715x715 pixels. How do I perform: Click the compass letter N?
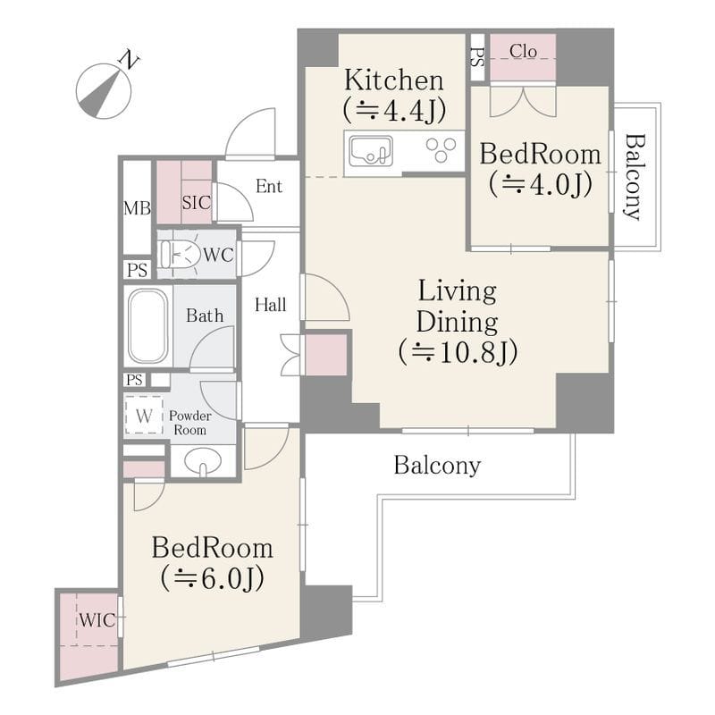(x=129, y=61)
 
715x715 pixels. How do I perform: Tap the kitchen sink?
(x=371, y=151)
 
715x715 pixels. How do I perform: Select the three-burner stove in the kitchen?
(x=441, y=150)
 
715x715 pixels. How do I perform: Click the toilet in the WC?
(x=181, y=255)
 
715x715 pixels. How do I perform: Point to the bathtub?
(x=147, y=326)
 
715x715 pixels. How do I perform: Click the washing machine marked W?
(x=144, y=416)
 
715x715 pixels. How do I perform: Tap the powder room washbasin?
(x=203, y=461)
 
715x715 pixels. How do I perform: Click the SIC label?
(x=197, y=203)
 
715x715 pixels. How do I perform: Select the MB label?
(x=138, y=209)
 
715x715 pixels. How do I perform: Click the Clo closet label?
(x=523, y=51)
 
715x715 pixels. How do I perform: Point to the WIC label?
(x=97, y=620)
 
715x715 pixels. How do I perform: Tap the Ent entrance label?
(x=269, y=186)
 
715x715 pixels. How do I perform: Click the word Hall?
(x=271, y=305)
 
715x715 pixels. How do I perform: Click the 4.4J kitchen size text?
(x=406, y=110)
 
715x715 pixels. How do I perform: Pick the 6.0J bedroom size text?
(x=223, y=578)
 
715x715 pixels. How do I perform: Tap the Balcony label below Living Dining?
(x=437, y=466)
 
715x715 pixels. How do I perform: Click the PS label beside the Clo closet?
(x=477, y=58)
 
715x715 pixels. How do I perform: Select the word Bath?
(x=205, y=315)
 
